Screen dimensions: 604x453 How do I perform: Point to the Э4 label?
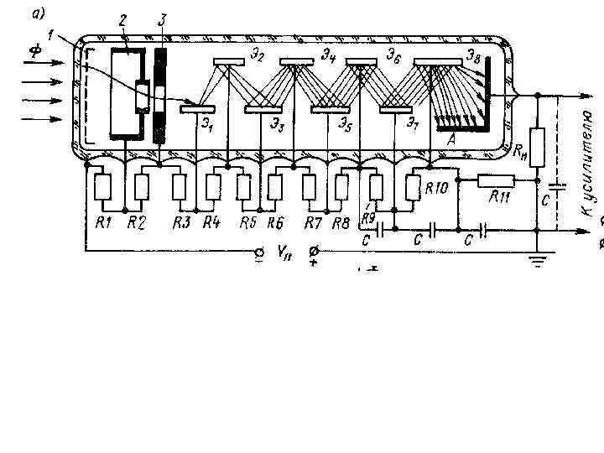[328, 56]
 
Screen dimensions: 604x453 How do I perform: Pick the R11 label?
[501, 199]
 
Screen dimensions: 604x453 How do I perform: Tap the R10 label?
[435, 189]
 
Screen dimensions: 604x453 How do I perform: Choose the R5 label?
[247, 222]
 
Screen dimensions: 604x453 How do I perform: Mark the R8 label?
[341, 222]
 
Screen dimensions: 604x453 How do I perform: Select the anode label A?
[451, 141]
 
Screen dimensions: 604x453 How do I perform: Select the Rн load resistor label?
[521, 151]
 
